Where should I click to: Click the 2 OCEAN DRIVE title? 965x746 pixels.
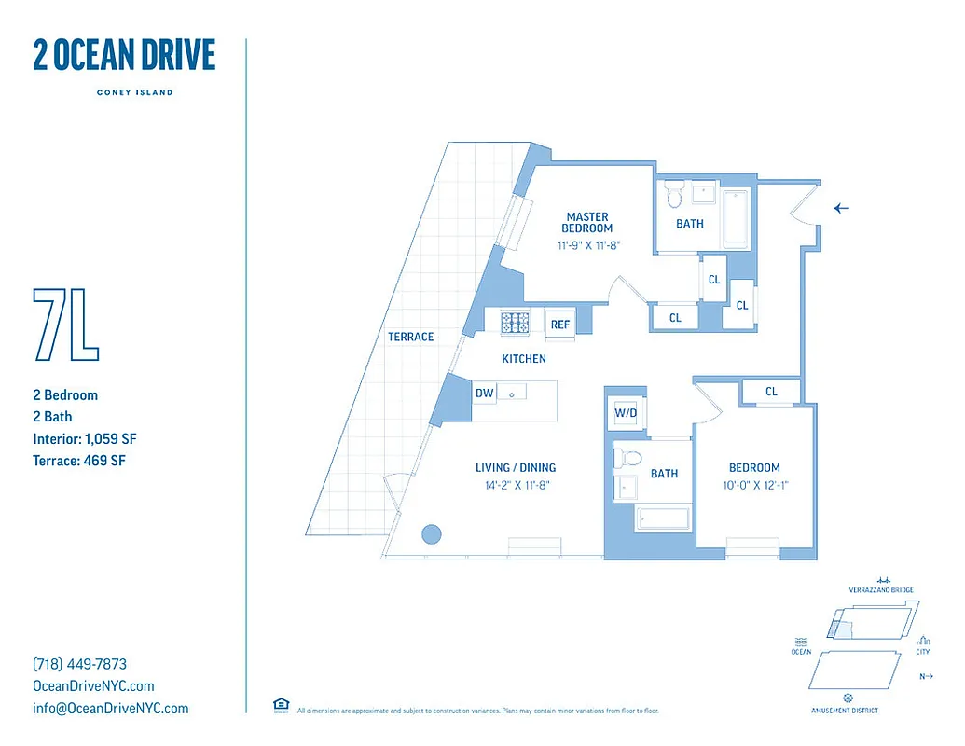[124, 56]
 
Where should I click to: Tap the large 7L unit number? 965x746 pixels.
[65, 325]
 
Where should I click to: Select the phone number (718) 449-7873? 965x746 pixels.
[79, 664]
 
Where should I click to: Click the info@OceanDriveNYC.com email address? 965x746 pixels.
[110, 708]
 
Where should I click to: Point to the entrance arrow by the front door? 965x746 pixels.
[842, 208]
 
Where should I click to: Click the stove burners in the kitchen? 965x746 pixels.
[515, 323]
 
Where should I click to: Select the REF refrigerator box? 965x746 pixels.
[559, 324]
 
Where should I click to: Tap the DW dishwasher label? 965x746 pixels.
[484, 394]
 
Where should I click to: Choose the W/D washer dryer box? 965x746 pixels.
[625, 413]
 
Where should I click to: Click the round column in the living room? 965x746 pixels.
[431, 533]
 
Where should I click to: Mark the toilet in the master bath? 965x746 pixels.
[675, 195]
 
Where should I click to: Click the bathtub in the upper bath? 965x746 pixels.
[736, 219]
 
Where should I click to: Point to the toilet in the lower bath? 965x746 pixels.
[629, 458]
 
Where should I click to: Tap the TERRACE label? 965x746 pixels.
[411, 337]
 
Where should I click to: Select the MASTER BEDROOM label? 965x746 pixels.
[586, 223]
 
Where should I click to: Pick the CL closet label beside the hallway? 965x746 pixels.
[771, 392]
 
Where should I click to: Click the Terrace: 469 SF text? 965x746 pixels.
[78, 460]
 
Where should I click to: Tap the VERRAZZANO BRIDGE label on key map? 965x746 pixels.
[880, 590]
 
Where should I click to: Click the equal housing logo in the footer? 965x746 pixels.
[280, 705]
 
